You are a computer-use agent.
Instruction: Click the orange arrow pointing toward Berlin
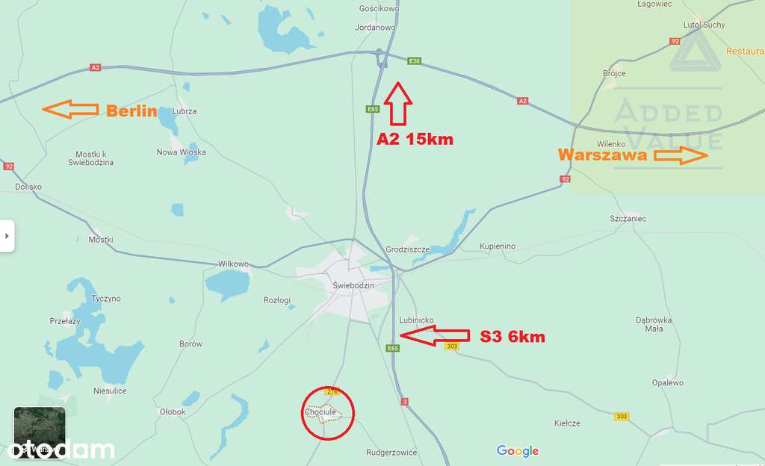point(70,110)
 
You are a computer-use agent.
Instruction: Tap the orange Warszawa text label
point(603,155)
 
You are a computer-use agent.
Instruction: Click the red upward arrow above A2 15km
point(399,103)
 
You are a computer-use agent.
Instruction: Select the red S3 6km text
point(512,337)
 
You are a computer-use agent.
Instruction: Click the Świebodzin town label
point(353,285)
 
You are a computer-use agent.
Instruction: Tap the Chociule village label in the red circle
point(320,411)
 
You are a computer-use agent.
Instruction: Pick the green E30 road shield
point(414,61)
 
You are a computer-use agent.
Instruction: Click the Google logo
point(518,450)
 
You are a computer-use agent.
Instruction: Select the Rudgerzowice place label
point(391,453)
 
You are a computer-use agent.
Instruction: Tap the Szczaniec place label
point(628,219)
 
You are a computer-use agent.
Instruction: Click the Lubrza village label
point(184,111)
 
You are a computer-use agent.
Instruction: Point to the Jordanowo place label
point(376,28)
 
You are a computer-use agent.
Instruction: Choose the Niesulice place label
point(110,391)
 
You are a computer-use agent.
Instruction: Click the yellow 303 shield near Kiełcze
point(622,416)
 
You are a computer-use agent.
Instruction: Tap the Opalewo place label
point(667,383)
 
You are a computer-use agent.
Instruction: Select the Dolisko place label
point(28,187)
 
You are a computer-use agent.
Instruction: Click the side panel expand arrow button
point(7,236)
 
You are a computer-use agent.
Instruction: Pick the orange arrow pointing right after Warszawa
point(681,155)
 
